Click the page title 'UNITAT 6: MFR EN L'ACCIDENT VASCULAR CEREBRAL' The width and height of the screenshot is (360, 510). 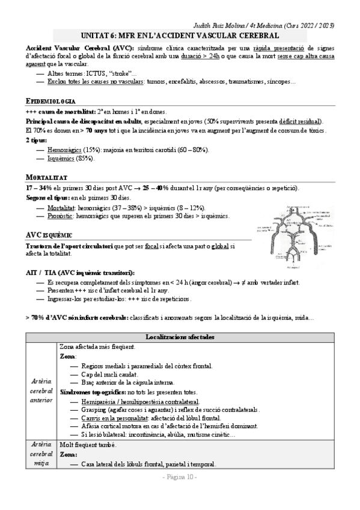[180, 36]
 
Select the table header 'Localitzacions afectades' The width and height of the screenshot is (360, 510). [180, 338]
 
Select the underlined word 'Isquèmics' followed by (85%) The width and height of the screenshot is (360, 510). [62, 158]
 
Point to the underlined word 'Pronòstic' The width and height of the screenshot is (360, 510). [63, 215]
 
